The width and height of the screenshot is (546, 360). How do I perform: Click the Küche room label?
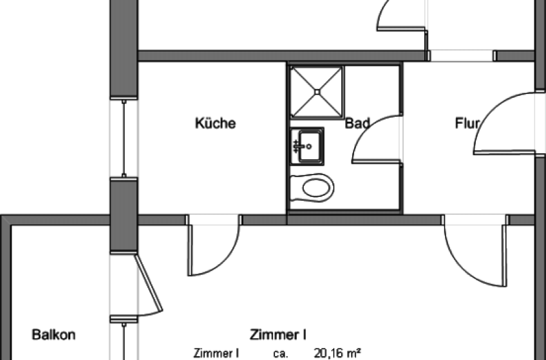click(215, 123)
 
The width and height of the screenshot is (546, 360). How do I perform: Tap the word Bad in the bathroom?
click(357, 123)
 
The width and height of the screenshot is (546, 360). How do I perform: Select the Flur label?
click(467, 123)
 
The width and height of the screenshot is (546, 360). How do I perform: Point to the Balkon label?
click(53, 335)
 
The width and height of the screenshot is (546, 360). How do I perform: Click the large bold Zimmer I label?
click(278, 335)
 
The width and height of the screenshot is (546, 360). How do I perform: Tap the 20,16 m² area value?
click(337, 353)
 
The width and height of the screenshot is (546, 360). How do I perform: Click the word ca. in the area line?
click(281, 354)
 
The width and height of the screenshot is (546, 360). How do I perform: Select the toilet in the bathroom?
click(312, 187)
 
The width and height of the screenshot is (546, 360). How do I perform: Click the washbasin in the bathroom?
click(306, 146)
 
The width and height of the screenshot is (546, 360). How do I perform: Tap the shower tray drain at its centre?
click(317, 92)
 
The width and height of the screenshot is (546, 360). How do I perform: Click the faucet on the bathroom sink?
click(297, 147)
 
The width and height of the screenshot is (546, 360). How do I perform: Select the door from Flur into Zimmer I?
click(475, 255)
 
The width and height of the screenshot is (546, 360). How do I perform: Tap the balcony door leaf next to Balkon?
click(149, 283)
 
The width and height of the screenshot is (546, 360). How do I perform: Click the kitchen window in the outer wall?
click(124, 138)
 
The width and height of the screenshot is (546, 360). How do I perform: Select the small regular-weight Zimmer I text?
click(216, 353)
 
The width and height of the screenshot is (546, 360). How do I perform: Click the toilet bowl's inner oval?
click(316, 187)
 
